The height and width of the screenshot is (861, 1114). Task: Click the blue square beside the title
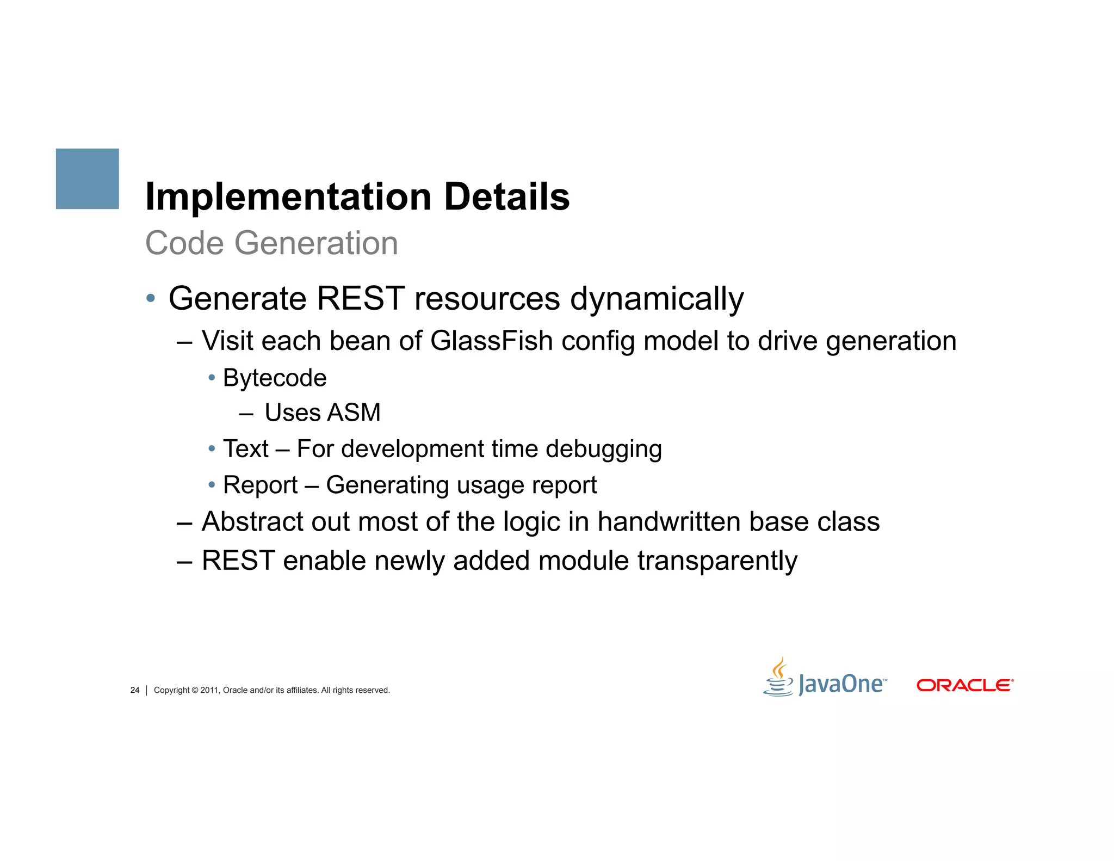[x=87, y=179]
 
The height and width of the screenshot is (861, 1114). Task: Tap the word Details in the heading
[x=506, y=197]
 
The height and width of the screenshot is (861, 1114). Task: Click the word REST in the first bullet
[x=360, y=299]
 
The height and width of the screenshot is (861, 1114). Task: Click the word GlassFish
[x=491, y=341]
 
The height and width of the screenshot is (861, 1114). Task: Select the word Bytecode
[x=275, y=378]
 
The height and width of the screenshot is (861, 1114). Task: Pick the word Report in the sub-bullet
[x=260, y=485]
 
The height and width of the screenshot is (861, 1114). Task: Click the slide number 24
[x=135, y=690]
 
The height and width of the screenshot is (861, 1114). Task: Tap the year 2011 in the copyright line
[x=209, y=690]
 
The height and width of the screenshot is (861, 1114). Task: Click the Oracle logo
[x=964, y=685]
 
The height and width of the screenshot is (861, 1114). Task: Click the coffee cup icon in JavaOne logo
[x=778, y=678]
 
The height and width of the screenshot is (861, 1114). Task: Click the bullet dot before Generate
[x=151, y=298]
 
